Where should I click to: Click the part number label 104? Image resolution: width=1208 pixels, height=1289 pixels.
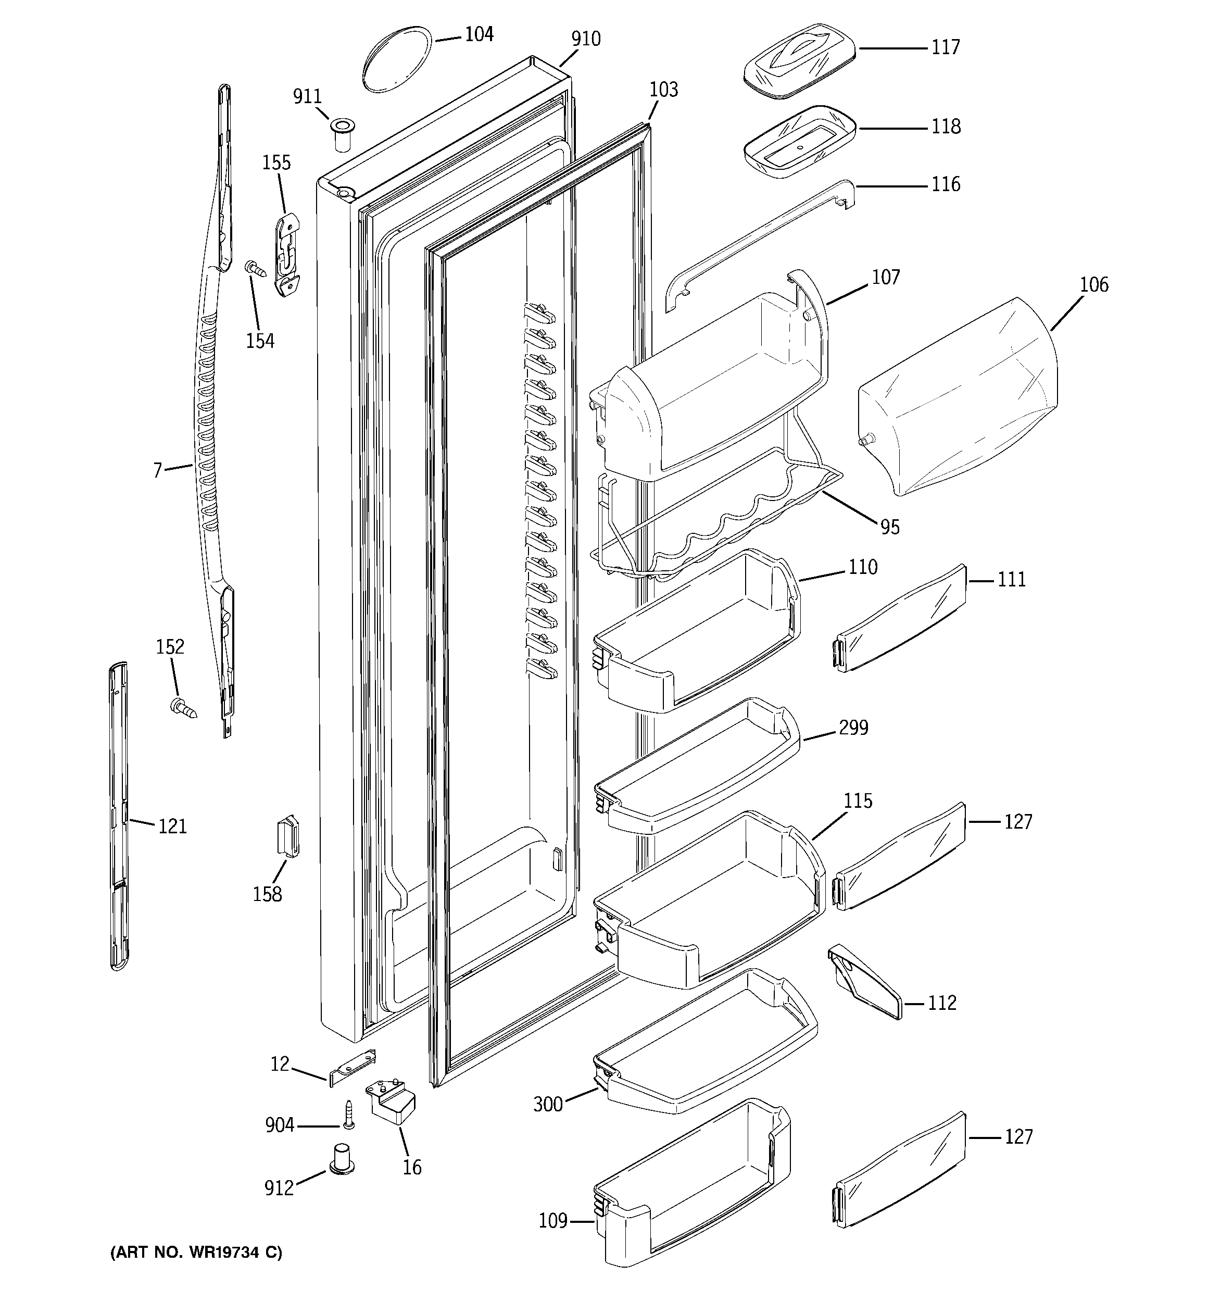pos(479,34)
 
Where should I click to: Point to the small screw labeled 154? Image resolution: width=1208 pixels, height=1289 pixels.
pos(255,268)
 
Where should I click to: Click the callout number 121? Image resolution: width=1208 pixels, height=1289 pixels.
pos(172,826)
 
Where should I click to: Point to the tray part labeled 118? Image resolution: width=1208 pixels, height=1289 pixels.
pos(799,141)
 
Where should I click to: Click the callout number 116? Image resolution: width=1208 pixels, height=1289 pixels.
pos(946,185)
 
